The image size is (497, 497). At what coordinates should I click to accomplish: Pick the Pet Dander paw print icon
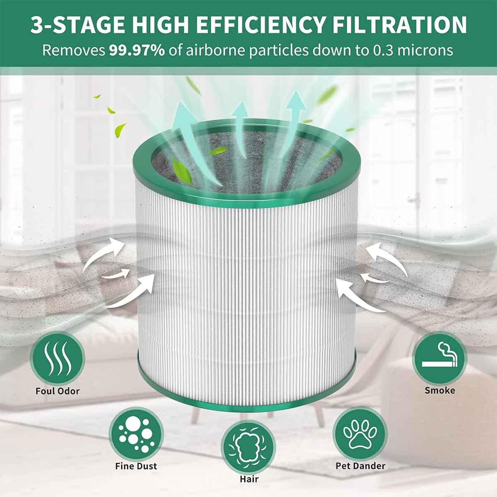point(360,433)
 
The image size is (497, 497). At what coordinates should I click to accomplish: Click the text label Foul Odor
point(58,391)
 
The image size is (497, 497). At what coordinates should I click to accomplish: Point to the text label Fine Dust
point(136,466)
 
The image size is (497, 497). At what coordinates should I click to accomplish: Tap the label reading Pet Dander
point(360,466)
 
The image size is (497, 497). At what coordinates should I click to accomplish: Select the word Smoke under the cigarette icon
point(439,390)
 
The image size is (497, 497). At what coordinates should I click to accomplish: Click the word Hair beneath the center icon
point(249,479)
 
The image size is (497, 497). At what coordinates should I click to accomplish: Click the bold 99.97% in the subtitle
point(137,51)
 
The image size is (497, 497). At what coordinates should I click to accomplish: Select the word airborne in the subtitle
point(219,51)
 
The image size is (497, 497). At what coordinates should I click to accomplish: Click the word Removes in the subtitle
point(73,51)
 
